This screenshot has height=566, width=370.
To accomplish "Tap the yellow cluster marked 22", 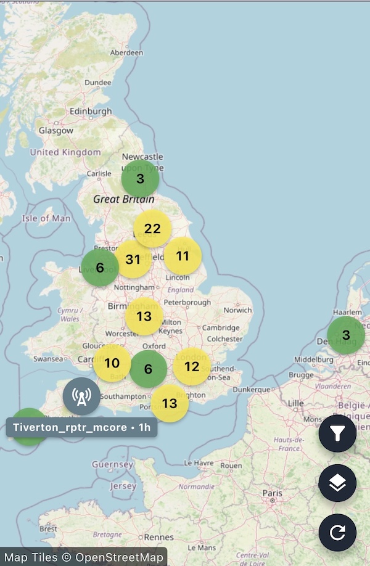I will tap(152, 229).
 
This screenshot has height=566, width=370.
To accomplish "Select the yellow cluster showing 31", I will tap(133, 259).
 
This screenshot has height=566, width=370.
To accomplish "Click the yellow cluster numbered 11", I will tap(183, 255).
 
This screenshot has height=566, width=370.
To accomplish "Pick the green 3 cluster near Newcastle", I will tap(140, 179).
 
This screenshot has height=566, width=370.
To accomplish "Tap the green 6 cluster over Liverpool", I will tap(100, 268).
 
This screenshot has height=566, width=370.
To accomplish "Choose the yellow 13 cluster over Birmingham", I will tap(144, 316).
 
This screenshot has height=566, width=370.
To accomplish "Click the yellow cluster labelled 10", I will tap(112, 363).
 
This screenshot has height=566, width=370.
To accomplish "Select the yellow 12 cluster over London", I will tap(192, 366).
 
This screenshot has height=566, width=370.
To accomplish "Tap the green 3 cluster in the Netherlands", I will tap(346, 335).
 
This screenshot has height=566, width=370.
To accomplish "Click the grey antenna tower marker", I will tap(81, 396).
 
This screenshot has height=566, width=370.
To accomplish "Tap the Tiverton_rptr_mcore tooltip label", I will tap(81, 427).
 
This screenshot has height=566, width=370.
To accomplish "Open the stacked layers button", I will tap(337, 483).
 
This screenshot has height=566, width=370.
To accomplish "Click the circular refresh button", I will tap(337, 532).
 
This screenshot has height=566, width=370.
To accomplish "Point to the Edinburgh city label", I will tap(91, 112).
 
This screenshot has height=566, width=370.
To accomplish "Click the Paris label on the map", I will tap(272, 493).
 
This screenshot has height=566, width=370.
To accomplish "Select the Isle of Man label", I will tap(46, 218).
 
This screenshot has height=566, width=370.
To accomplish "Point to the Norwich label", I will tap(237, 310).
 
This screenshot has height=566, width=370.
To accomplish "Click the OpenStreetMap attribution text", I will tap(84, 558).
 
